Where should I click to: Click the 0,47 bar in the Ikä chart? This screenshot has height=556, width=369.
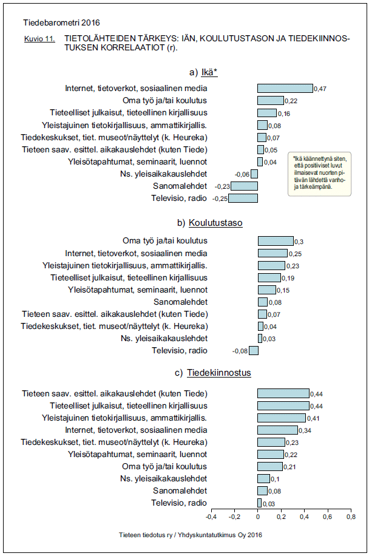285,89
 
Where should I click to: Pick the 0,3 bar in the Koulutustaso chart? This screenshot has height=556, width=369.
276,240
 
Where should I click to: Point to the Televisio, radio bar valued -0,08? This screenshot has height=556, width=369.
254,350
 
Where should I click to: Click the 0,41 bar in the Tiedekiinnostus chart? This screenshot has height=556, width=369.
282,418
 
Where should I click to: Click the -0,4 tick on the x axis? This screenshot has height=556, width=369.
211,517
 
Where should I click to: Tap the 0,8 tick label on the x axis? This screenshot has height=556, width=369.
350,517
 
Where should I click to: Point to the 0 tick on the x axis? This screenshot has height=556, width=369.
258,517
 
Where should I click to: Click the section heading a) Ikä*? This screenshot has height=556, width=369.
203,72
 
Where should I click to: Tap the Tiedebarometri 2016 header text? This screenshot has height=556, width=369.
53,22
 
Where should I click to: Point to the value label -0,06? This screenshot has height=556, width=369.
242,174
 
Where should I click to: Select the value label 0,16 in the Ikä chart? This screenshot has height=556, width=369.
283,114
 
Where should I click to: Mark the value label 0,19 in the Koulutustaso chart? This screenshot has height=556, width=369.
288,278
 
